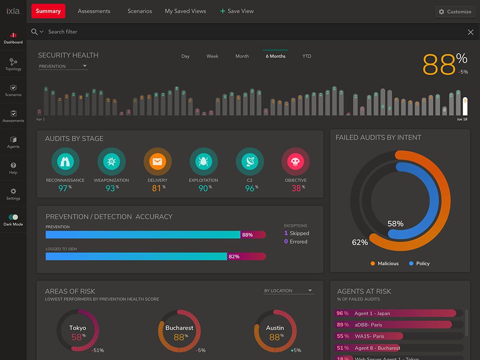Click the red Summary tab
(x=48, y=11)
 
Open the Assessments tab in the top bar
(x=94, y=11)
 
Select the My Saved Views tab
(x=185, y=11)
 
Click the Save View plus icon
(x=223, y=11)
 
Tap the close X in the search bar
(x=470, y=32)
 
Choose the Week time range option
(x=212, y=56)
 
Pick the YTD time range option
(x=307, y=56)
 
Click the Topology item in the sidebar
(x=13, y=64)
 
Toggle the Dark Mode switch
(x=13, y=217)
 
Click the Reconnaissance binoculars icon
(x=65, y=162)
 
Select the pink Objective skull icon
(x=296, y=162)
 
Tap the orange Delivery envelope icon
(x=157, y=162)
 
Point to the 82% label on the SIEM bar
(x=234, y=256)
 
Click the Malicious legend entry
(x=384, y=264)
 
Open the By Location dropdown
(x=288, y=291)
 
